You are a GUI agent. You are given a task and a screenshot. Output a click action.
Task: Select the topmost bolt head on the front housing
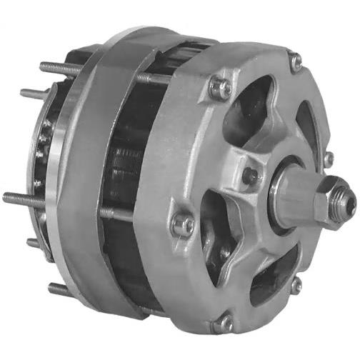pyautogui.click(x=295, y=63)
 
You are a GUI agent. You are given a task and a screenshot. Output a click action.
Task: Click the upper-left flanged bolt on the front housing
pyautogui.click(x=221, y=88)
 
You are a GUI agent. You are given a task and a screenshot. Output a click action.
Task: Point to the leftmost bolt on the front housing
pyautogui.click(x=184, y=224)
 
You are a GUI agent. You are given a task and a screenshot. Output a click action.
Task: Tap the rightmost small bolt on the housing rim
pyautogui.click(x=329, y=159)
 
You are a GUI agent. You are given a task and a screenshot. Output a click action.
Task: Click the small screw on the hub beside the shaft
pyautogui.click(x=250, y=174)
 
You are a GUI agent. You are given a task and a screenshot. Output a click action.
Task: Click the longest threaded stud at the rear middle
pyautogui.click(x=21, y=198)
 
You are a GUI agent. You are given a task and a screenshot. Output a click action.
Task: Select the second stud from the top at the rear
pyautogui.click(x=32, y=93)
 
